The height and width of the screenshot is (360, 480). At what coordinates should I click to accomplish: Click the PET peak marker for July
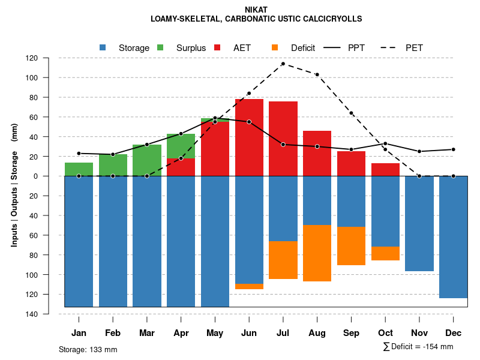(283, 64)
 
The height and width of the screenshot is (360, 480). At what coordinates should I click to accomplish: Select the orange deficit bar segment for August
(317, 253)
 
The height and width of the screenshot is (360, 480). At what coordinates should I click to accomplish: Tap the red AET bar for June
(249, 138)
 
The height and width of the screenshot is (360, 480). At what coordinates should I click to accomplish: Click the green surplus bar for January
(79, 169)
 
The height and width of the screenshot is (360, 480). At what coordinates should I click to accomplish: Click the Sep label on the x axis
(351, 333)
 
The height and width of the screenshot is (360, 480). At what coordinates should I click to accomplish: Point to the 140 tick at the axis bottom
(49, 314)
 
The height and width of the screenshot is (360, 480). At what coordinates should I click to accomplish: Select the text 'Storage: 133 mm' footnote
(88, 349)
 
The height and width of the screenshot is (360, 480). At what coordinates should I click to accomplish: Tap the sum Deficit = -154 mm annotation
(418, 347)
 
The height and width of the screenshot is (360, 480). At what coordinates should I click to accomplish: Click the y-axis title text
(14, 186)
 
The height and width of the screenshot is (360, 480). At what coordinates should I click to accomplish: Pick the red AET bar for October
(385, 170)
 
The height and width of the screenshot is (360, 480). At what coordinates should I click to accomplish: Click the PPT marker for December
(453, 149)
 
